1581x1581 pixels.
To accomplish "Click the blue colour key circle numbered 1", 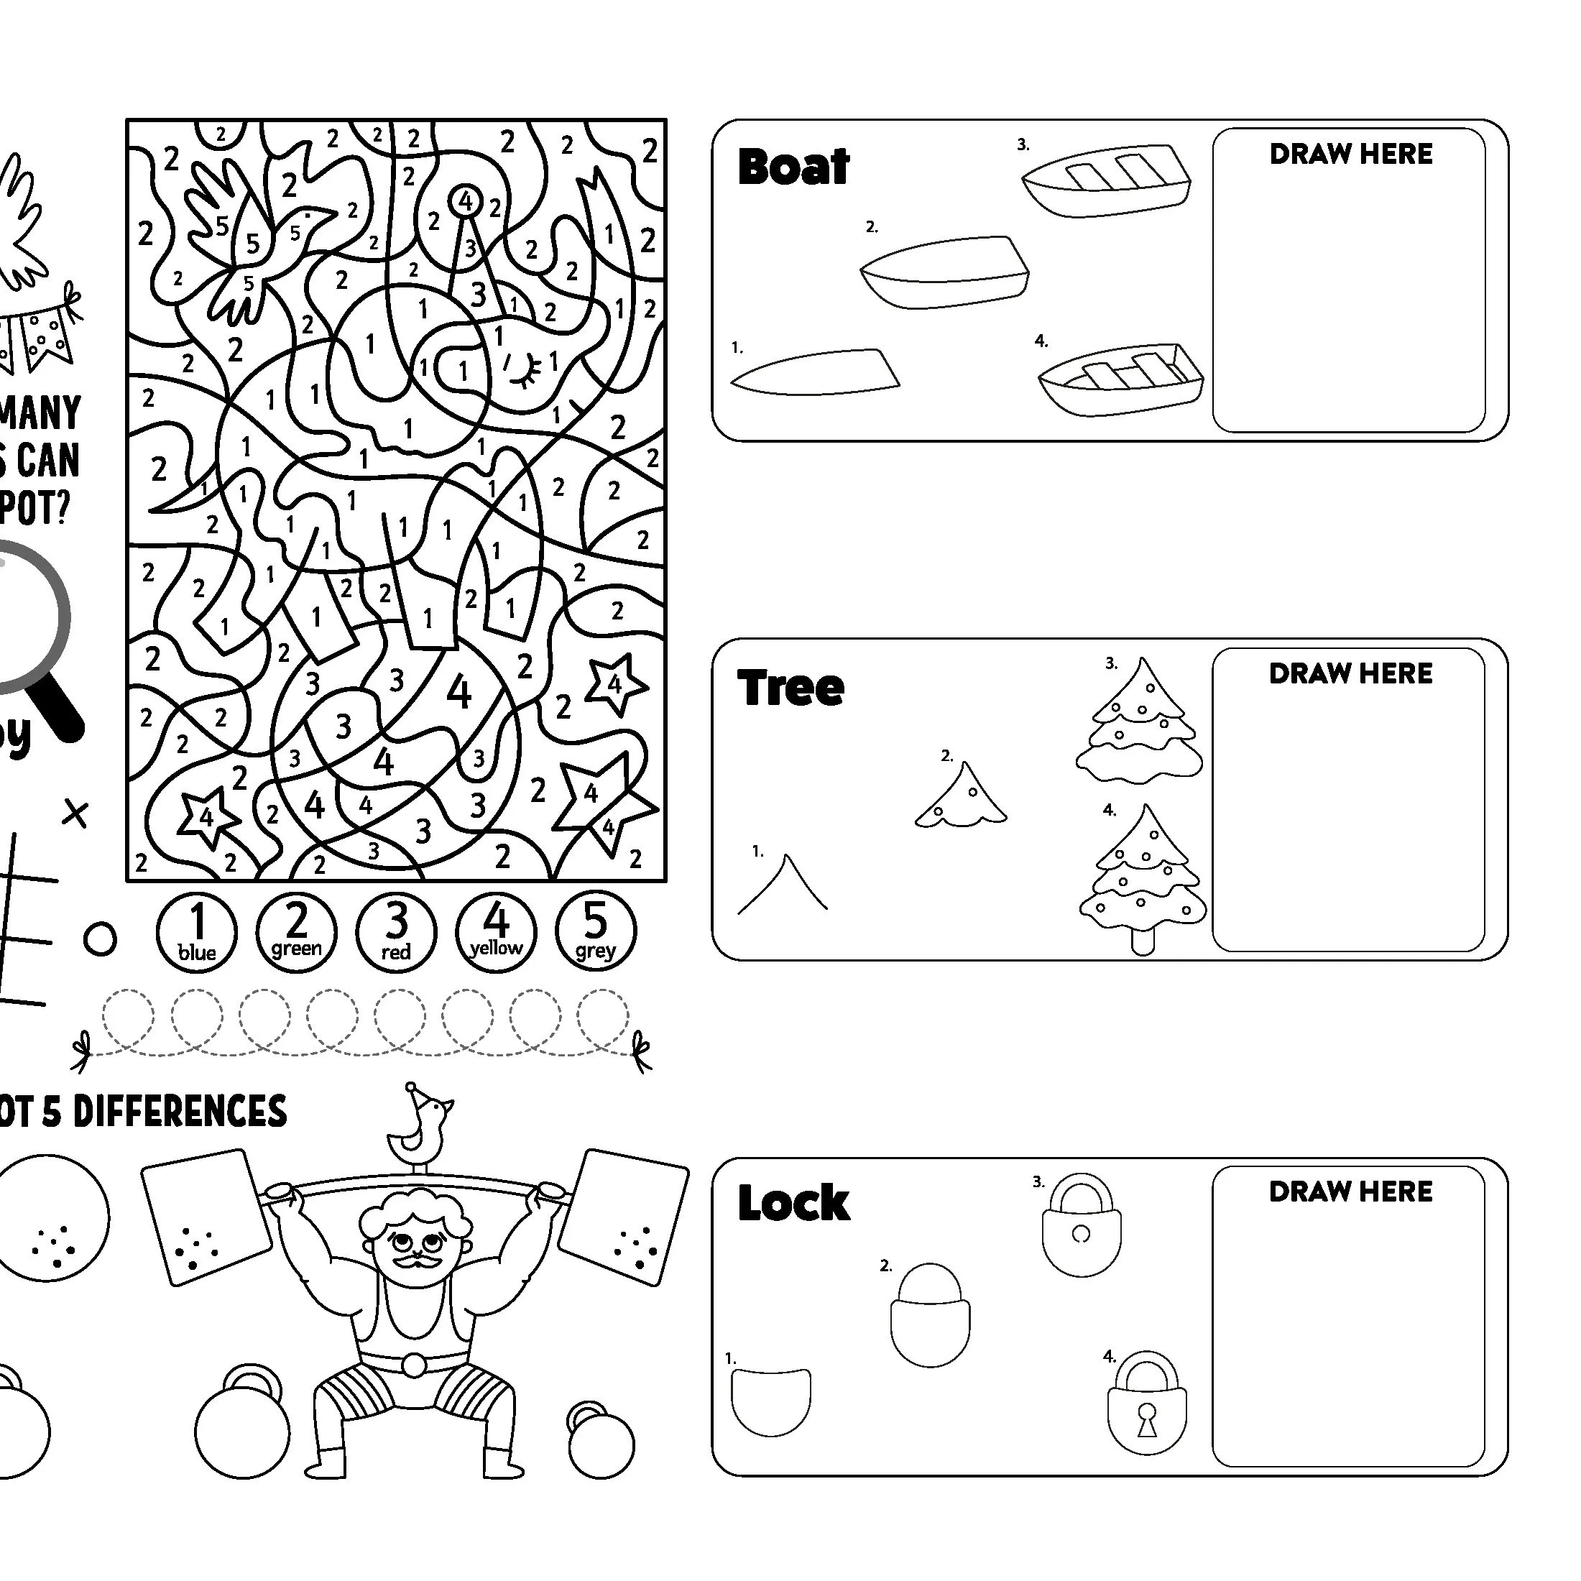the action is [196, 932].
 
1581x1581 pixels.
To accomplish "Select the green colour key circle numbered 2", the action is [296, 932].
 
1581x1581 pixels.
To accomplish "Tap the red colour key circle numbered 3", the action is [396, 932].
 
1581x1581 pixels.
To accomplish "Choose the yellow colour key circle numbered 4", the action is [496, 932].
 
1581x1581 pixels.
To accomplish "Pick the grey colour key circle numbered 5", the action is [596, 932].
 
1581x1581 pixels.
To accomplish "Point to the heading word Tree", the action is [790, 688].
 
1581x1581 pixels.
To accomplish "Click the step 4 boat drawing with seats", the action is [1121, 379].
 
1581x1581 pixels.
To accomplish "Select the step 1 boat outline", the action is [814, 372].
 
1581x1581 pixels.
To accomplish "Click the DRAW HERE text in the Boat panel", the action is [1351, 155].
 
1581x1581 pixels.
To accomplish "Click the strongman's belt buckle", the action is [414, 1365].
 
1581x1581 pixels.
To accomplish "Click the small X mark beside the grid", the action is [75, 814].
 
